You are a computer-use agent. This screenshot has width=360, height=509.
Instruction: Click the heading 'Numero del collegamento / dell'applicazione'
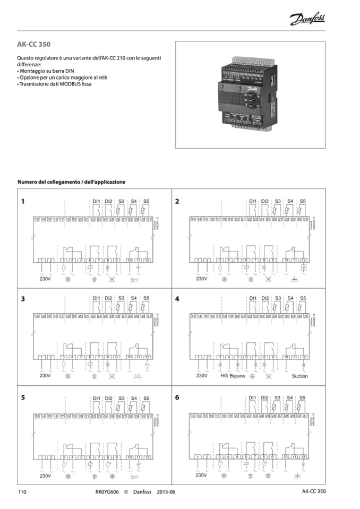coord(72,182)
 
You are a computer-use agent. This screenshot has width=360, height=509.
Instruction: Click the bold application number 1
coord(23,202)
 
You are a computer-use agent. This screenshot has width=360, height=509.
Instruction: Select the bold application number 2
coord(177,202)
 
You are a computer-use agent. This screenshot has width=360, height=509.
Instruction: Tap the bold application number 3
coord(23,299)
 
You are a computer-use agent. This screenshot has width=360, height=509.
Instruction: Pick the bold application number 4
coord(177,299)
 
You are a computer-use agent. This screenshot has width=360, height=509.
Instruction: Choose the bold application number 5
coord(23,396)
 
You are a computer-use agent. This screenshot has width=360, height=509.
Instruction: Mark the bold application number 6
coord(177,396)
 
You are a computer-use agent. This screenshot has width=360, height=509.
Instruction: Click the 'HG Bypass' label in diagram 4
coord(233,376)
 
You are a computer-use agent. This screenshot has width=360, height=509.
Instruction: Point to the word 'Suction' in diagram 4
coord(299,376)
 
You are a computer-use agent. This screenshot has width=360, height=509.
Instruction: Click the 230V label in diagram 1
coord(45,278)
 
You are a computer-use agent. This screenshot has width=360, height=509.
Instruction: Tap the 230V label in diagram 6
coord(201,476)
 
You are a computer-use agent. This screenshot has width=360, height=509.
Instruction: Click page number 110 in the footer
coord(22,491)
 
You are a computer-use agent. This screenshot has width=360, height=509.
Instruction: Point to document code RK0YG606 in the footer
coord(104,491)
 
